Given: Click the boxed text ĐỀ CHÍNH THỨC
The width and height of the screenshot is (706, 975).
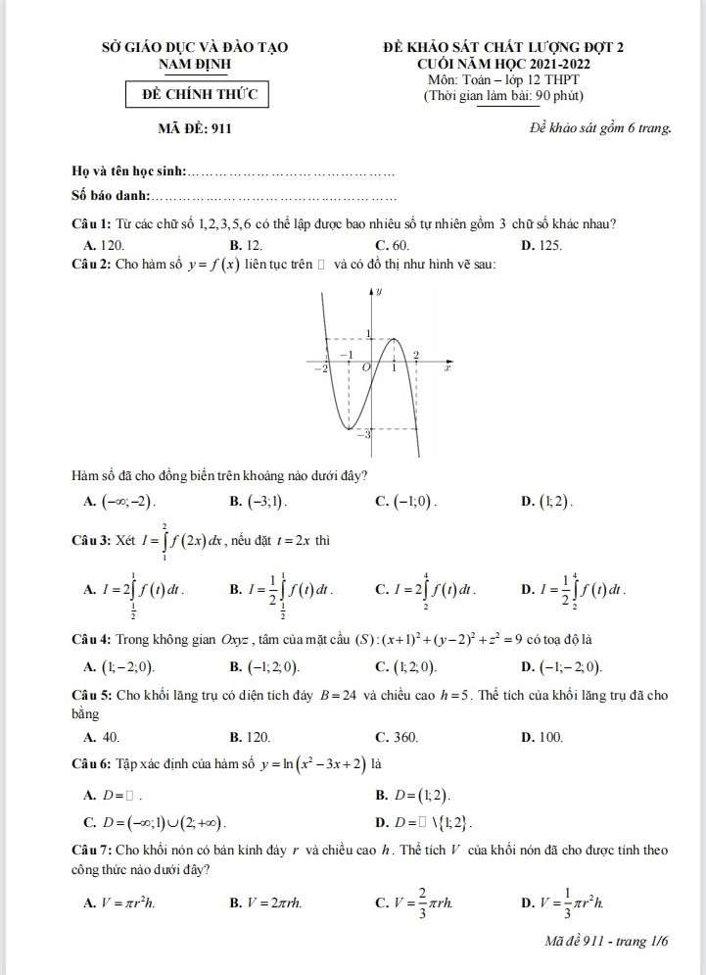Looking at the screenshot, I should click(x=200, y=95).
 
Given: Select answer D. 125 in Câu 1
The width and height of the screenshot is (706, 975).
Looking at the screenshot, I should click(x=542, y=244).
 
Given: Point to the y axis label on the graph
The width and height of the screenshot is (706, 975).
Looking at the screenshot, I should click(x=380, y=291).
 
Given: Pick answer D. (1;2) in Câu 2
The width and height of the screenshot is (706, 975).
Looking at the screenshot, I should click(x=548, y=503).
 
